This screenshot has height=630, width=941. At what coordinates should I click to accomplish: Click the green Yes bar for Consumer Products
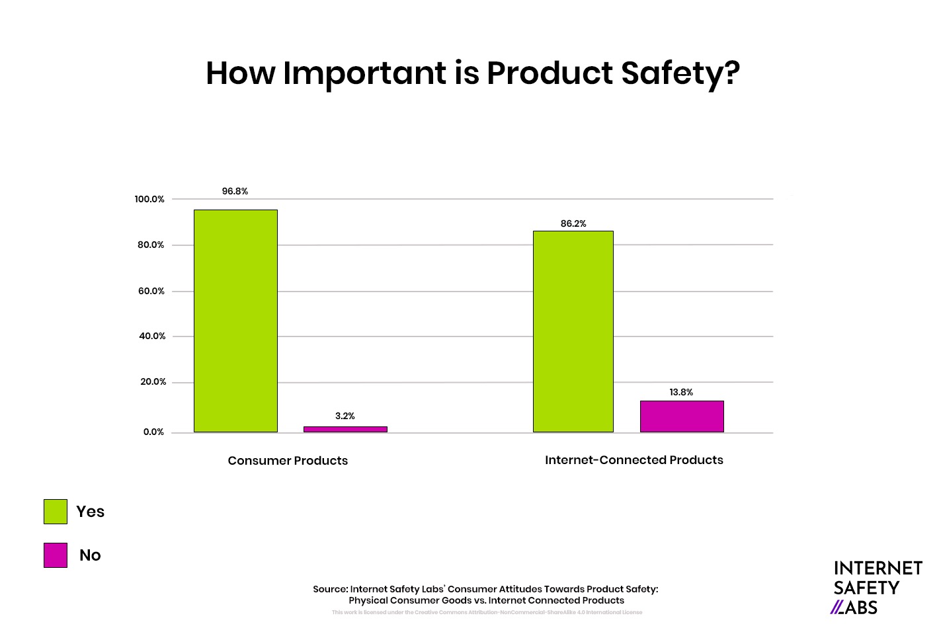click(235, 321)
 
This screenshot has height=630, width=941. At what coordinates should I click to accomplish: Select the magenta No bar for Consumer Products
click(345, 429)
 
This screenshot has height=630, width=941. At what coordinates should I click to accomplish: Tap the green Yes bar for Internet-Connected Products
click(573, 331)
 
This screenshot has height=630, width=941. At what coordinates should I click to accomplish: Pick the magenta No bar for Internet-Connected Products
click(681, 416)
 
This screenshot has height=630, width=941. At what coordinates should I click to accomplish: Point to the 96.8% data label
click(235, 191)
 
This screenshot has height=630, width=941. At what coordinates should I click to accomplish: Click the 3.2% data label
click(345, 416)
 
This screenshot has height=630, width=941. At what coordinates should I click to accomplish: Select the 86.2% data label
click(573, 223)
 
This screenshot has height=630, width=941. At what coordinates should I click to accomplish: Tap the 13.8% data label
click(681, 392)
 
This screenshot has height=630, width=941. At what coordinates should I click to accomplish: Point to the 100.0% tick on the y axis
click(149, 199)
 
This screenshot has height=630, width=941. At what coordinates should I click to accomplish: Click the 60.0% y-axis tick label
click(151, 291)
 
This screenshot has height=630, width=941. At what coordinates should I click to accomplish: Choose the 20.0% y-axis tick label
click(153, 381)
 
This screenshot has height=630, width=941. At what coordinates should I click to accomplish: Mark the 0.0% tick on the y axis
click(153, 432)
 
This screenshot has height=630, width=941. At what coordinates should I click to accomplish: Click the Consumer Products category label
click(288, 461)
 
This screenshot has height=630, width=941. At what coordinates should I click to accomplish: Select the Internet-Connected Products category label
click(634, 460)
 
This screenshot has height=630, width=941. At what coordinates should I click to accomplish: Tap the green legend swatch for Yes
click(56, 512)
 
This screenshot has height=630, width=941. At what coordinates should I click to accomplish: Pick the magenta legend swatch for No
click(56, 555)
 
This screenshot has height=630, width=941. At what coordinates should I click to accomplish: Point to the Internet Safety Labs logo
click(877, 588)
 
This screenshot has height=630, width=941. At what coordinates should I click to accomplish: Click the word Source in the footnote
click(330, 589)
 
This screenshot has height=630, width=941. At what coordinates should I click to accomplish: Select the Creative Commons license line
click(487, 612)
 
